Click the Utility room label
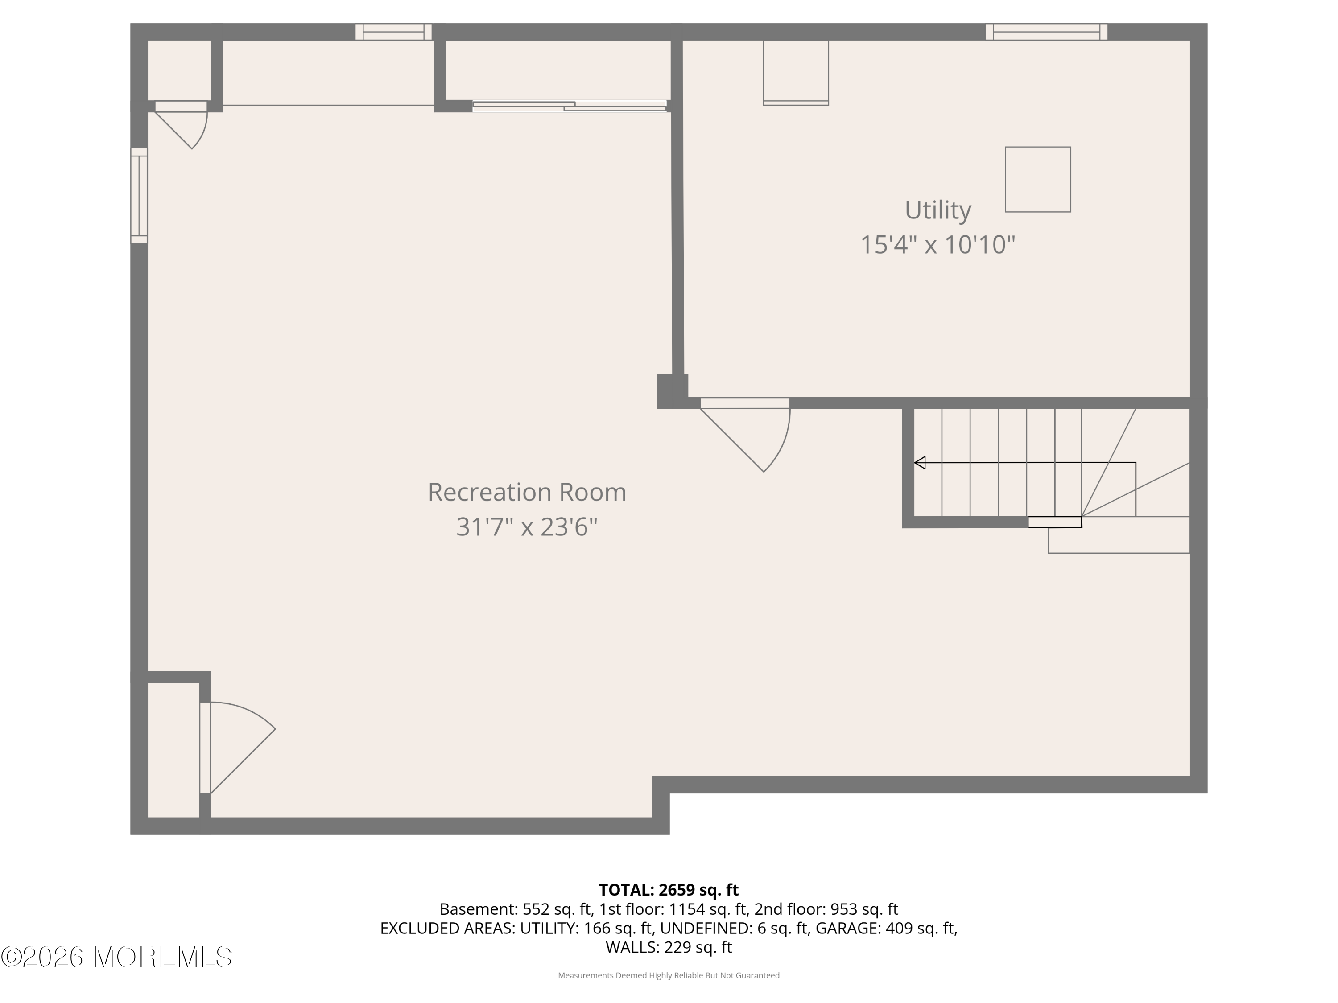[x=937, y=210]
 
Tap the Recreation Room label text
[x=527, y=492]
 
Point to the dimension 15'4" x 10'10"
[x=937, y=245]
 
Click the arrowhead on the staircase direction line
[x=920, y=463]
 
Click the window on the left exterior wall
[x=139, y=196]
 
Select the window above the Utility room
[x=1046, y=32]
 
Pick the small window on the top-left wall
[x=393, y=32]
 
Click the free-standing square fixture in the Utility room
[x=1037, y=180]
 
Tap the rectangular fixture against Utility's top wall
[x=795, y=73]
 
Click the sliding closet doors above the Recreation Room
[x=569, y=107]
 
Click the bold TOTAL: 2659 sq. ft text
[x=669, y=890]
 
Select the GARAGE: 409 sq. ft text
[x=886, y=928]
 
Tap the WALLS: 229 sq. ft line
[x=669, y=947]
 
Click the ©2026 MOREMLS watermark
[x=116, y=957]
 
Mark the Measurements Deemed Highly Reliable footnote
[x=669, y=975]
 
